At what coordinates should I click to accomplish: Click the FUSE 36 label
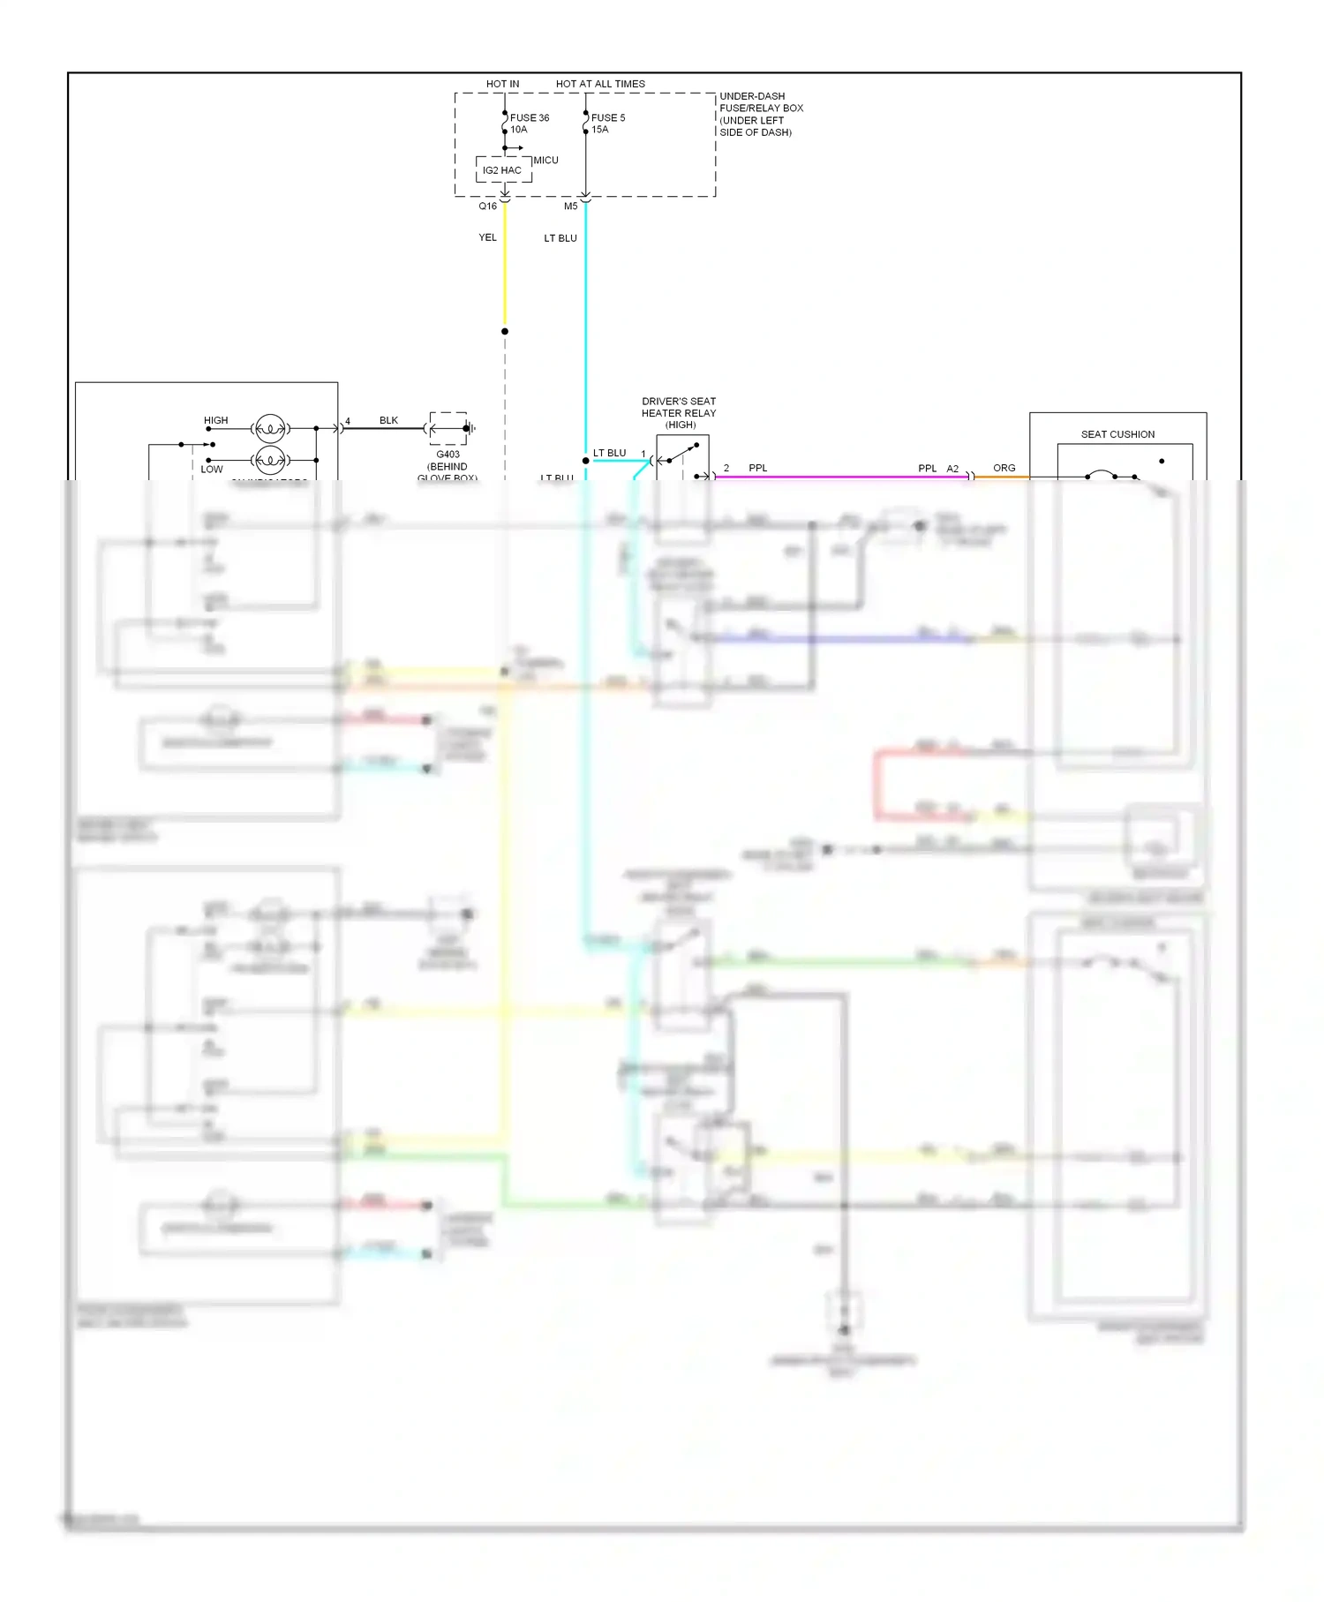click(x=529, y=117)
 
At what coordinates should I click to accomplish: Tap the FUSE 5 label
click(x=607, y=117)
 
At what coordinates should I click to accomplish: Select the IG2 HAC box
click(x=503, y=170)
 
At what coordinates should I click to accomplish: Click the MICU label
click(x=545, y=160)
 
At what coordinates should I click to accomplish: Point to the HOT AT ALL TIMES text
click(x=600, y=84)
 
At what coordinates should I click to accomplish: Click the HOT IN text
click(x=502, y=84)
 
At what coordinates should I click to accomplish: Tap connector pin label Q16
click(x=487, y=207)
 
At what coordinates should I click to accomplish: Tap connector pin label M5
click(x=570, y=207)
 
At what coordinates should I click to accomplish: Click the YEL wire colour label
click(x=487, y=237)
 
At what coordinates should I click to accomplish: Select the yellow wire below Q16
click(x=505, y=274)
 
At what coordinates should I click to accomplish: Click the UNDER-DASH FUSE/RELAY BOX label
click(x=761, y=114)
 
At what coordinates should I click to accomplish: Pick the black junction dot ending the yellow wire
click(x=505, y=332)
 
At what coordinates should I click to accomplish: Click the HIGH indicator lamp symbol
click(x=269, y=429)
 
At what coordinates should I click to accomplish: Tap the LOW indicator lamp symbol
click(x=269, y=460)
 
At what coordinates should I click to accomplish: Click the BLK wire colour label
click(x=388, y=420)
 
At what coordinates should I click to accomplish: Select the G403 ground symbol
click(x=449, y=428)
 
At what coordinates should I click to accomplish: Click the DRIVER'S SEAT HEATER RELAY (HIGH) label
click(x=679, y=412)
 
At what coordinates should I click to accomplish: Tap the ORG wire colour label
click(x=1004, y=468)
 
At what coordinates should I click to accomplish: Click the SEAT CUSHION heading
click(x=1117, y=434)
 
